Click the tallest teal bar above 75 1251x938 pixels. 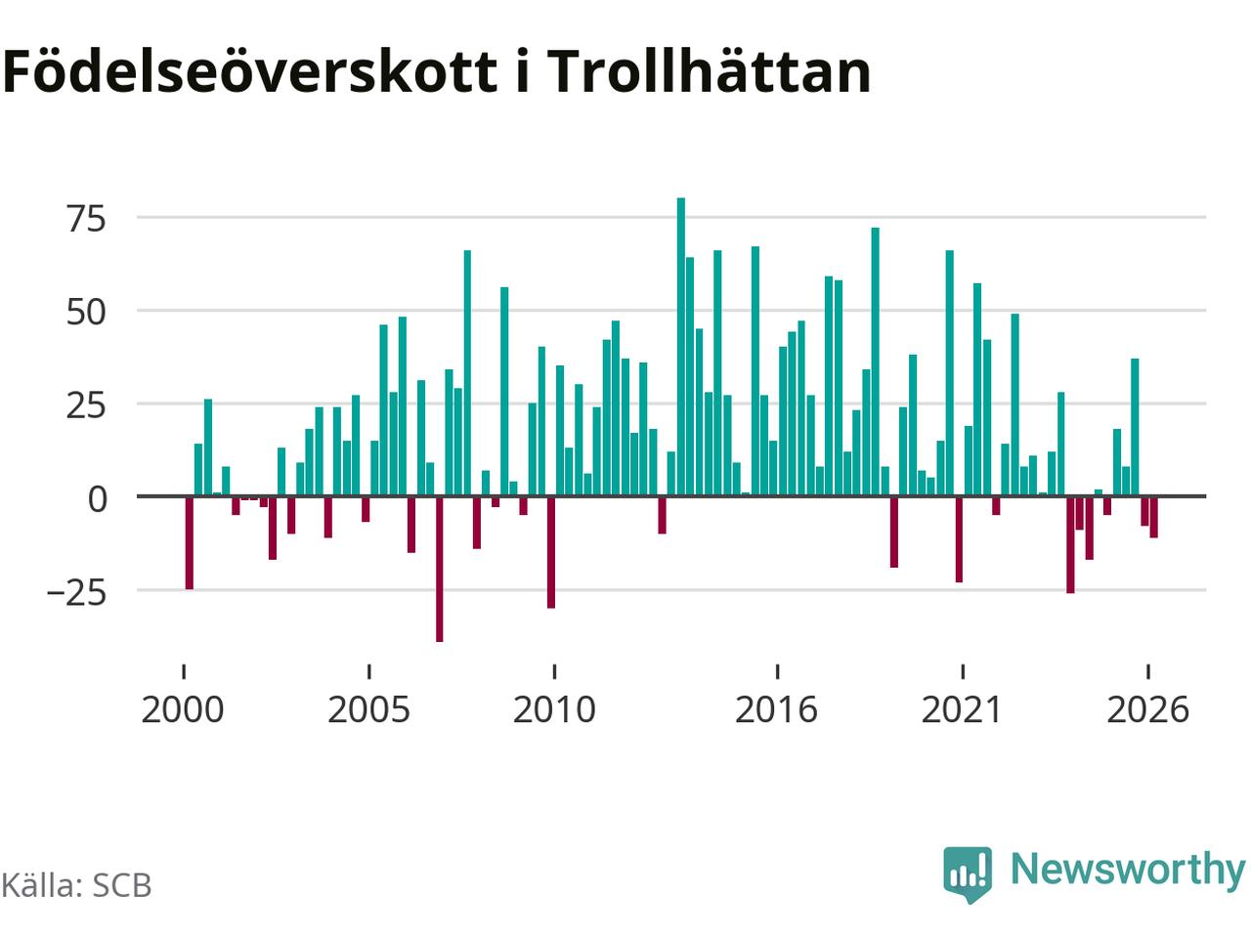coord(680,347)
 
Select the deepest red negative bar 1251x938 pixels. coord(440,569)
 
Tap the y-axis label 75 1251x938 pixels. coord(87,219)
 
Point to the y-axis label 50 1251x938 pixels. coord(87,312)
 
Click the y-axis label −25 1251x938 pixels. coord(77,593)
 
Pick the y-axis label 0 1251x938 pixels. coord(98,499)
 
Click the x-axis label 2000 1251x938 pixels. coord(183,710)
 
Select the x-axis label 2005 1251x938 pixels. coord(368,710)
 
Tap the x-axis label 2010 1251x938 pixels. coord(554,710)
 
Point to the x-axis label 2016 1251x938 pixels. coord(776,710)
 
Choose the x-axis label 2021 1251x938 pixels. coord(962,710)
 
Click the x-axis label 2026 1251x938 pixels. coord(1147,710)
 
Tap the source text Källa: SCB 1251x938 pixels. coord(76,885)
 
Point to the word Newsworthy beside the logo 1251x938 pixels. coord(1128,871)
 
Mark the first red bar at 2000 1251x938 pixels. coord(190,542)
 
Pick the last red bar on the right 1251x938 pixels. coord(1153,517)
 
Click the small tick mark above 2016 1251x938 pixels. coord(777,671)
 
